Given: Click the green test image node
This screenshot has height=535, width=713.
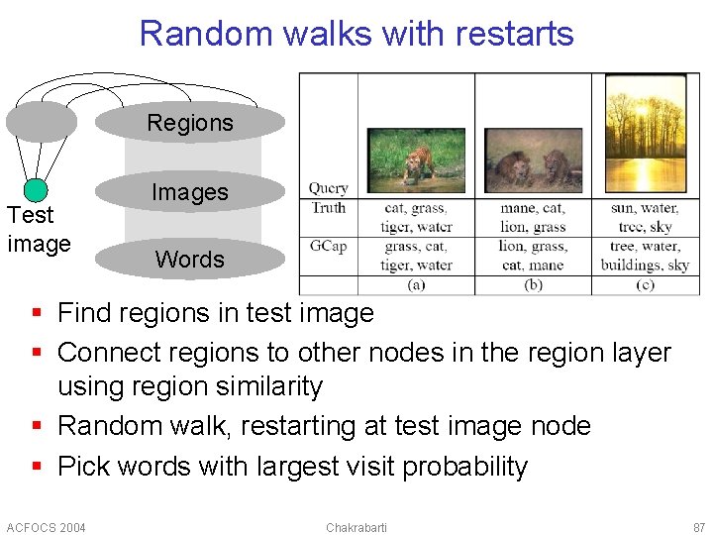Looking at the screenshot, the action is [36, 190].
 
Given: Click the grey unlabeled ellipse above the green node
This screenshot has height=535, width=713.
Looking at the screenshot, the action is [41, 122].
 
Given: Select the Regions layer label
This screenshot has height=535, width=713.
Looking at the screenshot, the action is [190, 123].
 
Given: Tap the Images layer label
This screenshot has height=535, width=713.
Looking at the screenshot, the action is [190, 192].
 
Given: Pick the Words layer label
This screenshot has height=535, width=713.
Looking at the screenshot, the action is [190, 260].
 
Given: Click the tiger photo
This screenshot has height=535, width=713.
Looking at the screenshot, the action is [416, 160].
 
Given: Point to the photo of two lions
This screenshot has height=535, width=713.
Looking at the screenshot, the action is [533, 160].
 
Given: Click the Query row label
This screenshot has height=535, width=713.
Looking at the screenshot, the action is [328, 188].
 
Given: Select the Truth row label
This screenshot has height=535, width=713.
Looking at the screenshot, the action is [328, 207].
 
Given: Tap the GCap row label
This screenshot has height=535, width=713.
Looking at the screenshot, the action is [328, 246].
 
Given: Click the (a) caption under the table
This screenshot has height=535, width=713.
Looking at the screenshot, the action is [416, 284].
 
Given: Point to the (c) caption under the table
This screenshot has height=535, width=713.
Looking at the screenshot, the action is [646, 284].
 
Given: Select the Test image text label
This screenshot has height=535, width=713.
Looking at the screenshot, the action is [39, 229].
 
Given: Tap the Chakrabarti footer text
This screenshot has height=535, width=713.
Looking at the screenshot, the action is [356, 527].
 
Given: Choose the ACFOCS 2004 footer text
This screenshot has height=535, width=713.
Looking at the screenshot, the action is [46, 527].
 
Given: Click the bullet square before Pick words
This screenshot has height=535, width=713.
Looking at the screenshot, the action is [37, 467].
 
